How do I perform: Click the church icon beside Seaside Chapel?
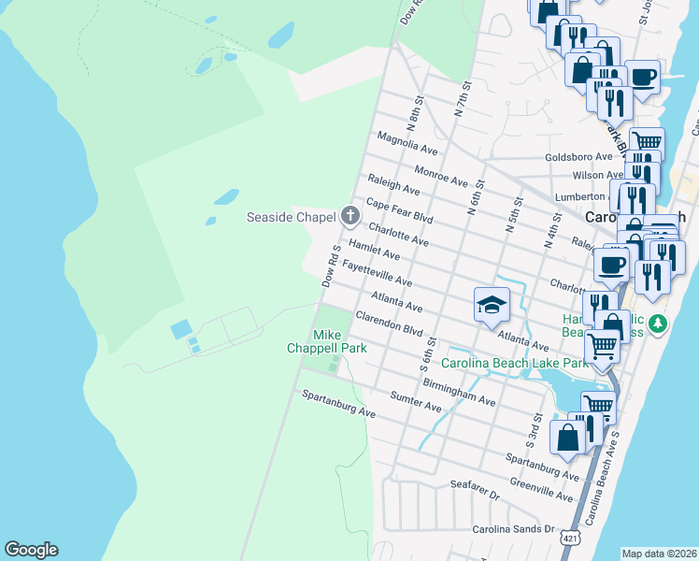coord(350,217)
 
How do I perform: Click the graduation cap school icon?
coord(491,305)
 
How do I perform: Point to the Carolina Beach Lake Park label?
coord(513,363)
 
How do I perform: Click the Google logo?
coord(31,550)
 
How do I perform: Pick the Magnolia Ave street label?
coord(407,142)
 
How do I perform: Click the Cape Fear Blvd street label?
coord(399,210)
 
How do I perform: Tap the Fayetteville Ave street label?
coord(377,273)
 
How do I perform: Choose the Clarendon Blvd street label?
coord(389,324)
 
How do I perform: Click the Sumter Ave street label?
coord(416,402)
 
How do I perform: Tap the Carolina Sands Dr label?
coord(513,529)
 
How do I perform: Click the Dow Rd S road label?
coord(329,267)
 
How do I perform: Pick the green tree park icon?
coord(658,324)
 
